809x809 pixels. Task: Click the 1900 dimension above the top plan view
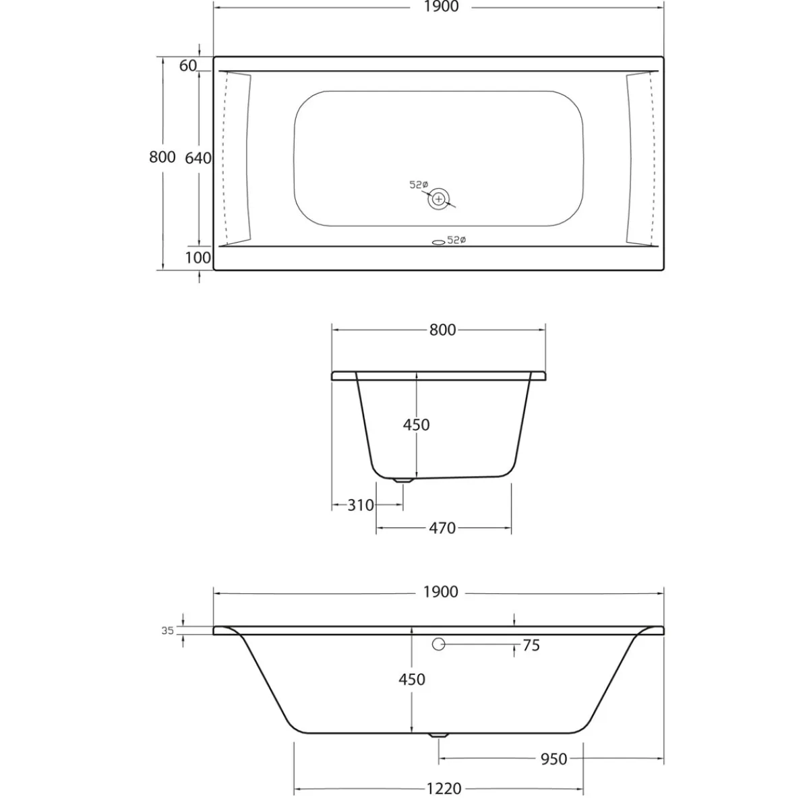pyautogui.click(x=441, y=7)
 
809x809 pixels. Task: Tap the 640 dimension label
pyautogui.click(x=198, y=158)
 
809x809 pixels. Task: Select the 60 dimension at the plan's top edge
pyautogui.click(x=187, y=65)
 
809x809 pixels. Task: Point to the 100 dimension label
pyautogui.click(x=198, y=258)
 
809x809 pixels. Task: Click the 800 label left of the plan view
pyautogui.click(x=162, y=157)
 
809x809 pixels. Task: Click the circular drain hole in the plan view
pyautogui.click(x=439, y=199)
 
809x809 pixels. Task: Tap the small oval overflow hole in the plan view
pyautogui.click(x=438, y=242)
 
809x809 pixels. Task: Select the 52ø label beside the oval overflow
pyautogui.click(x=457, y=240)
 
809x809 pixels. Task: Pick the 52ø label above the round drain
pyautogui.click(x=419, y=184)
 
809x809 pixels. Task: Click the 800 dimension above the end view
pyautogui.click(x=442, y=330)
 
